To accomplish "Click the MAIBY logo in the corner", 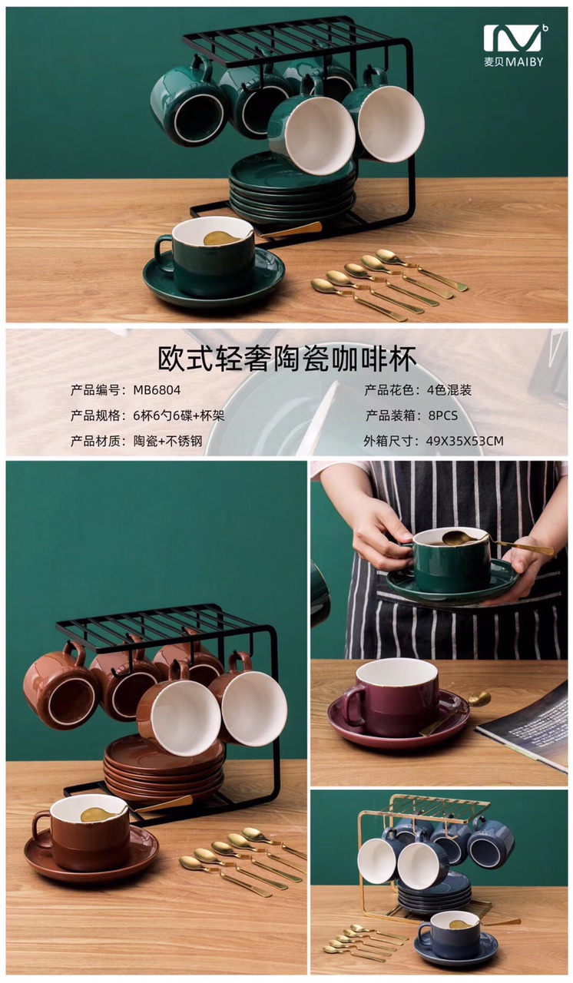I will click(x=514, y=45).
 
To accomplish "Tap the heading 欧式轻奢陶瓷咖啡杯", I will click(x=286, y=359).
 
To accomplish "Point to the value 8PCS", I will click(x=436, y=415).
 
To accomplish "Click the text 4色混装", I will click(x=449, y=390).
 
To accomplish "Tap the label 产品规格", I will click(x=95, y=415).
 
